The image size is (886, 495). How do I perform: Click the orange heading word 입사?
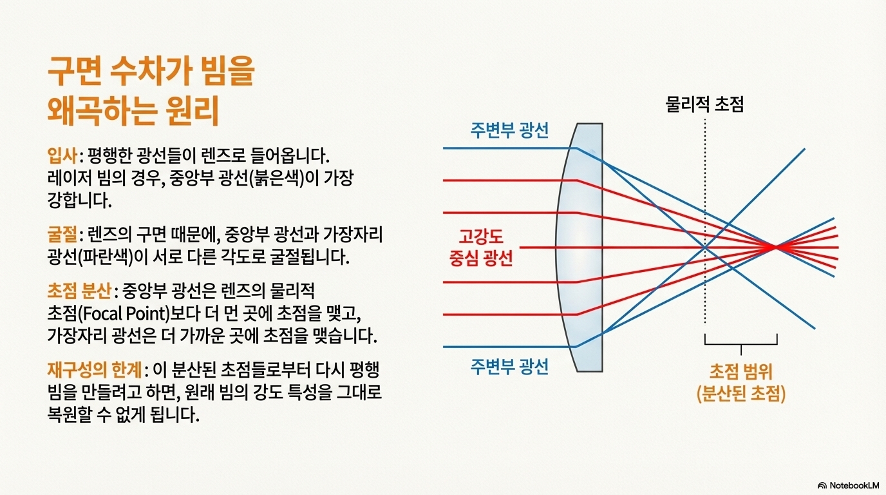(62, 156)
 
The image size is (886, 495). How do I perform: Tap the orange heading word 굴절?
(62, 235)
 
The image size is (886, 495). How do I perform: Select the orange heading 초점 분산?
(79, 291)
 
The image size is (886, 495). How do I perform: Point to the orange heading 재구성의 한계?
(95, 370)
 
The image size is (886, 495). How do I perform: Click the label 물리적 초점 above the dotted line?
(704, 104)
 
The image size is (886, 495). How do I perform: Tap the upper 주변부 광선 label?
(509, 130)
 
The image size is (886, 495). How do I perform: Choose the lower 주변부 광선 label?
(509, 366)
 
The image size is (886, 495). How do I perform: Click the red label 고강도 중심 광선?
(481, 247)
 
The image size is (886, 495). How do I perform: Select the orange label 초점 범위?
(741, 371)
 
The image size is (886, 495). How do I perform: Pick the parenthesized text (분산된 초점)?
(741, 394)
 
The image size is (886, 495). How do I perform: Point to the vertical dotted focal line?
(705, 222)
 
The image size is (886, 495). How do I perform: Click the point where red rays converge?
(775, 247)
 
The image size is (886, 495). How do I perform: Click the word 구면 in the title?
(76, 71)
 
